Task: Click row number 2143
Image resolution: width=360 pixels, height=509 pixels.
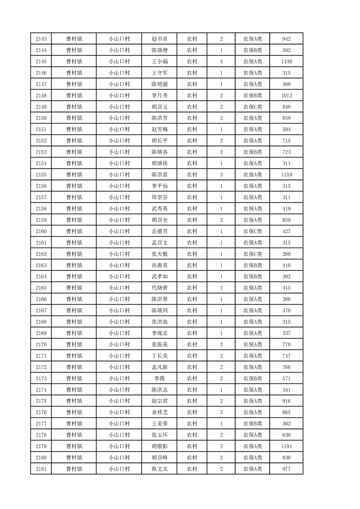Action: click(x=41, y=39)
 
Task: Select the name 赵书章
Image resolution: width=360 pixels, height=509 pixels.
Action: click(x=159, y=39)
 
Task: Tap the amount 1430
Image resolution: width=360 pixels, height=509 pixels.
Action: click(x=286, y=62)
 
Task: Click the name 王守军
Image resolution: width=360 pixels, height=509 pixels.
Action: click(x=159, y=73)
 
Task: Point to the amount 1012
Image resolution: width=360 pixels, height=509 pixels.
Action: click(x=286, y=96)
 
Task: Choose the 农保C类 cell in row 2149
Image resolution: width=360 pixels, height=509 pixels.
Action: click(x=252, y=107)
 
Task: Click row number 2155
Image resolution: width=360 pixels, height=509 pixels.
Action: click(x=41, y=175)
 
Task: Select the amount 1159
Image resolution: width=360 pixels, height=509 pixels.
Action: click(x=286, y=175)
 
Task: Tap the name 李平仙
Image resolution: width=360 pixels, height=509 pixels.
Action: click(x=159, y=186)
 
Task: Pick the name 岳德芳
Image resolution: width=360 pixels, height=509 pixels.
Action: click(x=159, y=231)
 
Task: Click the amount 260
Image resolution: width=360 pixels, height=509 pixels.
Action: click(x=286, y=254)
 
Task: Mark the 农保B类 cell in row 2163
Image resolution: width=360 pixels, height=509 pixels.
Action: click(x=252, y=265)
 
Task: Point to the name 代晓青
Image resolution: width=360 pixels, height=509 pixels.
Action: click(x=159, y=288)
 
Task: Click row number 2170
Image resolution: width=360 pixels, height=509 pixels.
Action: click(x=41, y=344)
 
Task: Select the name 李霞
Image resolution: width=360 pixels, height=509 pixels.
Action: click(x=159, y=378)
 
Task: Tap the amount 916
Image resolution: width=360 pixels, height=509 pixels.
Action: click(x=286, y=401)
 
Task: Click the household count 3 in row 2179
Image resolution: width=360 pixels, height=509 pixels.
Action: click(x=221, y=446)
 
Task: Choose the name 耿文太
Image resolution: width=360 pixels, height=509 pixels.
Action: click(x=159, y=469)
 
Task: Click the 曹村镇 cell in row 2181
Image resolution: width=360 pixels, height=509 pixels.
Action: click(x=74, y=469)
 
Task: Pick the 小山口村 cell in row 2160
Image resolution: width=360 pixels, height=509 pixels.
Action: click(x=119, y=231)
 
